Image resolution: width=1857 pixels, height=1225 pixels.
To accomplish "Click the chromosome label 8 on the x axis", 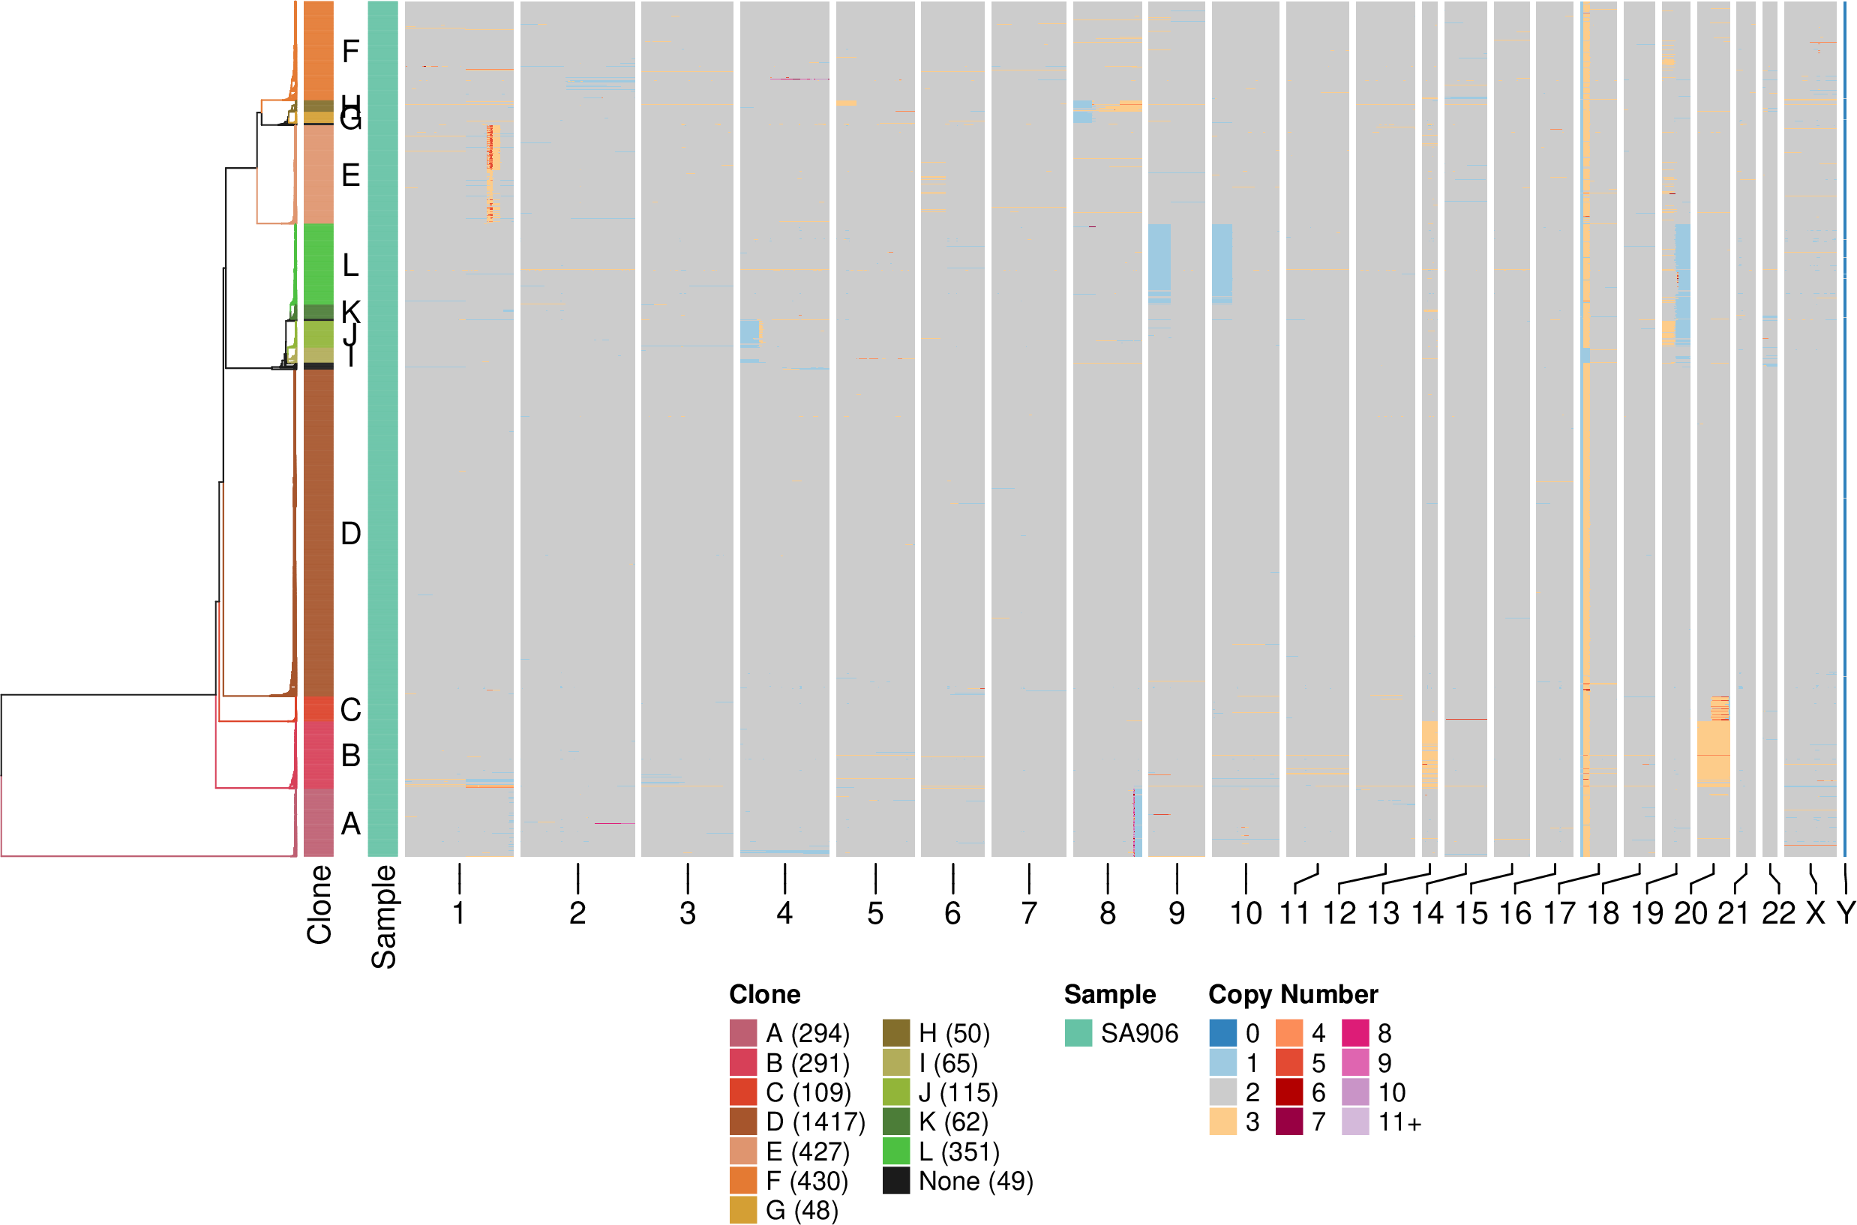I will (1108, 912).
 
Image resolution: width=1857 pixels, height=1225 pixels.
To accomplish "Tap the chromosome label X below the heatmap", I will (1815, 912).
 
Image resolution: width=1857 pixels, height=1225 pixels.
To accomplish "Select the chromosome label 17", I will (1559, 912).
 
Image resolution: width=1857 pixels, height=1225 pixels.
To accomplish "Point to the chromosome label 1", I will (459, 912).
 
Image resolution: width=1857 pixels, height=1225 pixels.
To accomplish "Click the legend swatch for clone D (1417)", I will (742, 1122).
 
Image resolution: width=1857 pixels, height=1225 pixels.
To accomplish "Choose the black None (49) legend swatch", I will (895, 1181).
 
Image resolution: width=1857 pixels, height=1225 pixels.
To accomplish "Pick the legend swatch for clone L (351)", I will (895, 1152).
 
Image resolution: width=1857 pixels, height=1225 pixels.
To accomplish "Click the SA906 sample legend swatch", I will (1078, 1034).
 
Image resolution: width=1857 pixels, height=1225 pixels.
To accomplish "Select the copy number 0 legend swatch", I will (1222, 1034).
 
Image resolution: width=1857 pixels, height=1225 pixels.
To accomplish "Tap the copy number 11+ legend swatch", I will (1355, 1122).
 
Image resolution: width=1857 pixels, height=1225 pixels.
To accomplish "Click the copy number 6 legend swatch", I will (1288, 1092).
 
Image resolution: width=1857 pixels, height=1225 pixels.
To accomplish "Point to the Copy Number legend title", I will (1293, 995).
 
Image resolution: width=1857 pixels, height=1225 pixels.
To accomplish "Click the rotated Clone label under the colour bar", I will (319, 904).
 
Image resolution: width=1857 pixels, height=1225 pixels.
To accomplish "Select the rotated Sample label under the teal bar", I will (383, 915).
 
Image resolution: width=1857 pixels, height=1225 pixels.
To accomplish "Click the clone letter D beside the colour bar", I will (351, 534).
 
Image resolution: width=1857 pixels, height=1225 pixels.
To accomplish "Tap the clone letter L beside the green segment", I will (350, 265).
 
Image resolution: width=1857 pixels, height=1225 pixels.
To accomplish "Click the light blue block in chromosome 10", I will (1222, 262).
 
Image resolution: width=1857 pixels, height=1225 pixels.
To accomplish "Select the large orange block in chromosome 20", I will (1713, 750).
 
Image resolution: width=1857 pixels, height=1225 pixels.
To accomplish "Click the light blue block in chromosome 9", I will (1159, 258).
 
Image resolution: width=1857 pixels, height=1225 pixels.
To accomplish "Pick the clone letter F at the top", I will (350, 52).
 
